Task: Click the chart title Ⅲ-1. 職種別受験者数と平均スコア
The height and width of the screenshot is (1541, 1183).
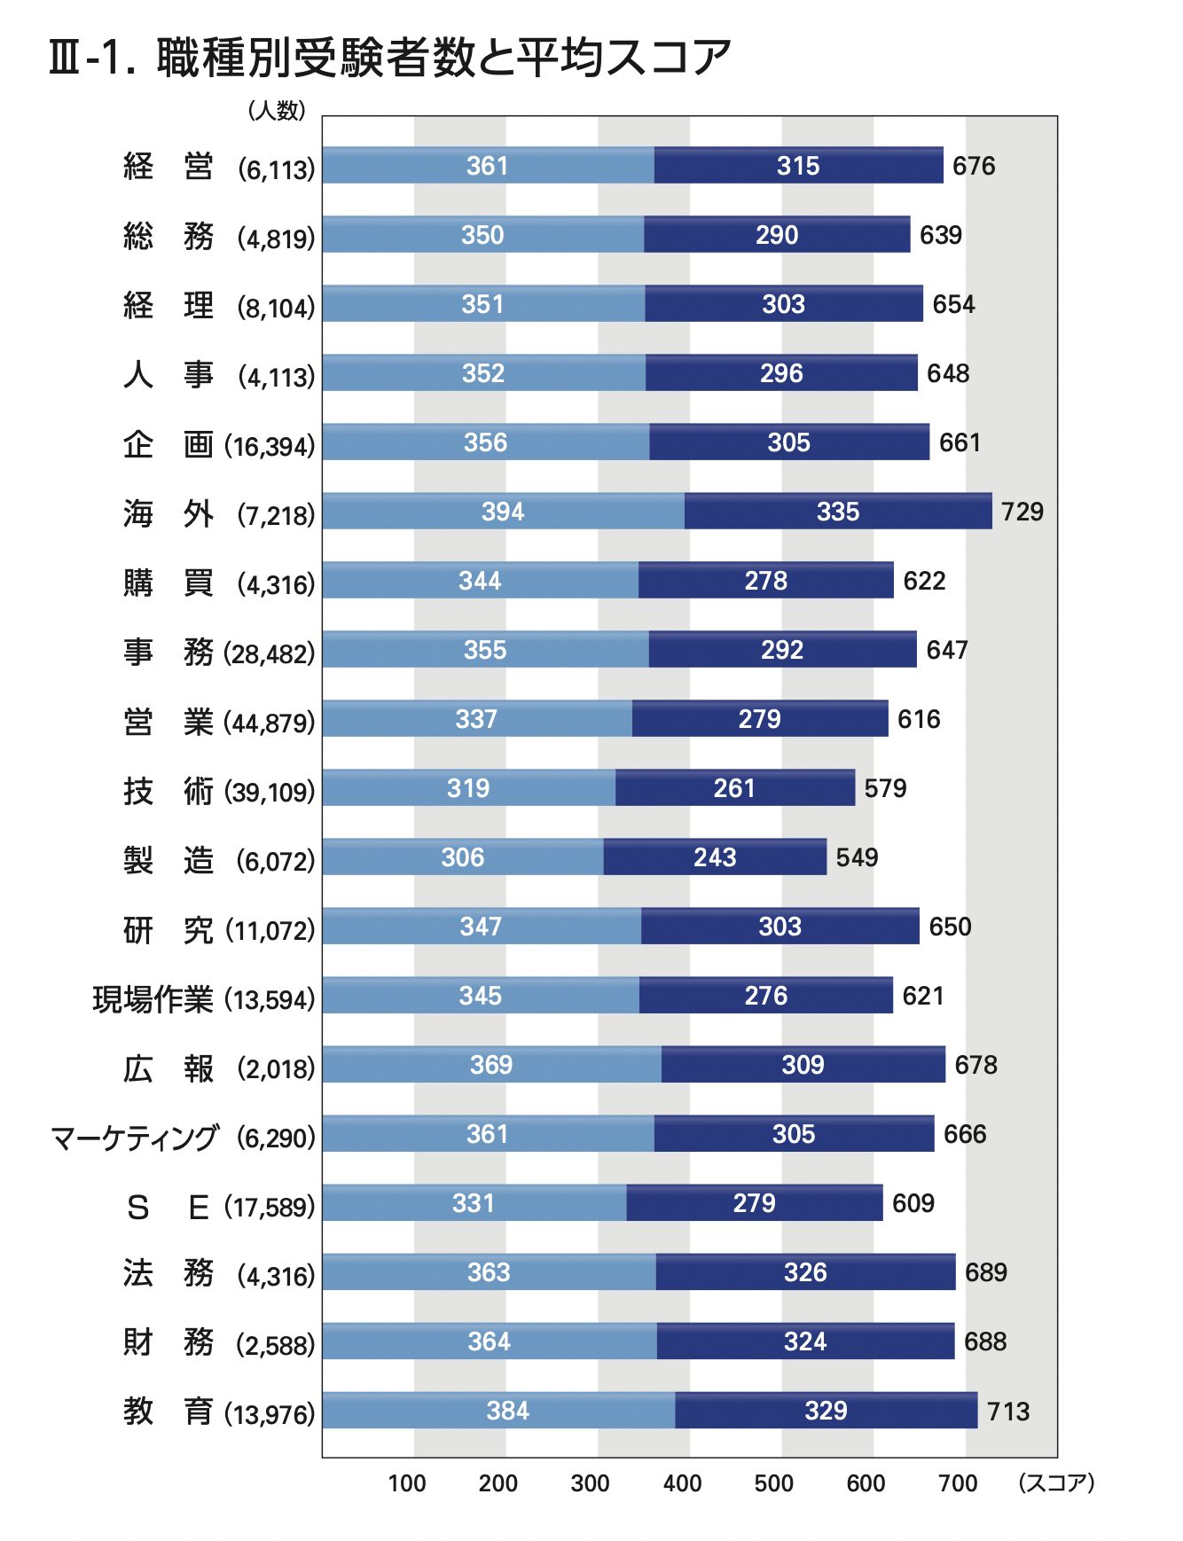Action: tap(390, 59)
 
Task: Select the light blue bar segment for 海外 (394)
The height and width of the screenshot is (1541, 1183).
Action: tap(503, 512)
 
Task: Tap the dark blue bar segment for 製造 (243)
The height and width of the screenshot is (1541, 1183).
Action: tap(715, 857)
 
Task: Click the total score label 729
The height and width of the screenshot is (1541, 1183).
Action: tap(1022, 512)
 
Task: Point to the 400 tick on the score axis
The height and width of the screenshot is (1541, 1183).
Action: tap(682, 1483)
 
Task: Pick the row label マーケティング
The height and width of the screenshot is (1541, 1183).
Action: tap(134, 1138)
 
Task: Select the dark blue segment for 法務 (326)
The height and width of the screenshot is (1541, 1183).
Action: tap(805, 1272)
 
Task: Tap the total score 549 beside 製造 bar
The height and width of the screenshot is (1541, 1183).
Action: tap(857, 857)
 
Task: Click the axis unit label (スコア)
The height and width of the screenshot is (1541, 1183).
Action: tap(1056, 1482)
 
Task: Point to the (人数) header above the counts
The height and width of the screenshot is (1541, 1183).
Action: tap(277, 110)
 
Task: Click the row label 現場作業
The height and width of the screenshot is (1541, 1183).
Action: tap(153, 999)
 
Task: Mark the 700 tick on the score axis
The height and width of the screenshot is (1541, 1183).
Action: tap(958, 1483)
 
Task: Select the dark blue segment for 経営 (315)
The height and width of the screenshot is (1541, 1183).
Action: tap(798, 166)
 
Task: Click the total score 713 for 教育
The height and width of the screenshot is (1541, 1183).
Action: tap(1008, 1411)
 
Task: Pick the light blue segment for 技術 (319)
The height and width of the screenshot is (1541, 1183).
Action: tap(468, 788)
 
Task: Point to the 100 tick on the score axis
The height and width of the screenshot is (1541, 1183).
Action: tap(406, 1483)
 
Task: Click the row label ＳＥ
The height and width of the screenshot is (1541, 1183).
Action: tap(168, 1207)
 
